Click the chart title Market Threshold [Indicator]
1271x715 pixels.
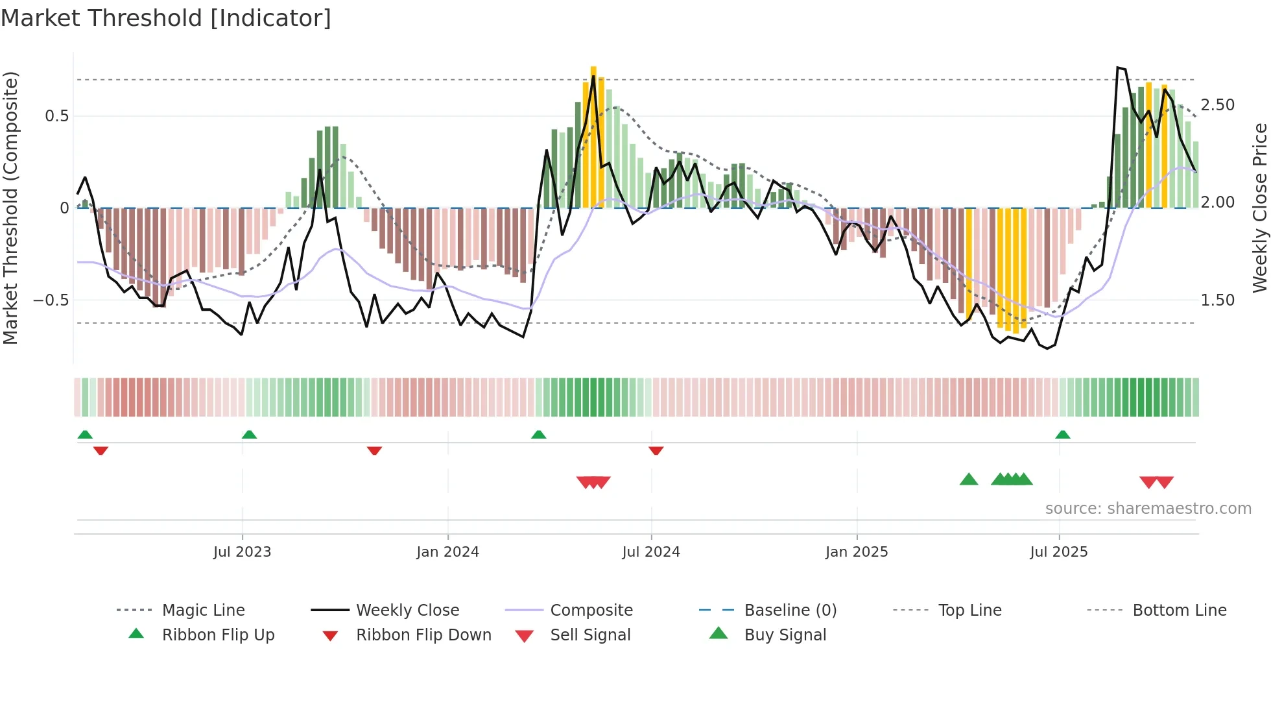point(166,18)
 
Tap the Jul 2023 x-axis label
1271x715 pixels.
point(242,552)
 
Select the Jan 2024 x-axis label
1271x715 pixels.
point(447,552)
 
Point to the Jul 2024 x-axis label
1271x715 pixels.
point(651,552)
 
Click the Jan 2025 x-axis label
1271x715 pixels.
point(857,552)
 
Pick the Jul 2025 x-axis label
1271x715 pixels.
point(1059,552)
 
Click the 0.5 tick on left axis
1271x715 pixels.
point(56,116)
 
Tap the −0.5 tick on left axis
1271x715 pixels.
point(51,300)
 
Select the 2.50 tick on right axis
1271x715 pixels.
point(1217,105)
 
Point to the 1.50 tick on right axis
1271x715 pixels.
point(1217,300)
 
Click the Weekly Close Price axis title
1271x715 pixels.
point(1260,208)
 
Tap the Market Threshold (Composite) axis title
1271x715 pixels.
point(10,208)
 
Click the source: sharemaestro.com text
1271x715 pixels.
point(1148,509)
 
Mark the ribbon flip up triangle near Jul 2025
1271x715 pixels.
point(1062,435)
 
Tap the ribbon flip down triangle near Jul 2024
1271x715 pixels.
point(656,450)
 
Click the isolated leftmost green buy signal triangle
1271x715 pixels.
point(968,479)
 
